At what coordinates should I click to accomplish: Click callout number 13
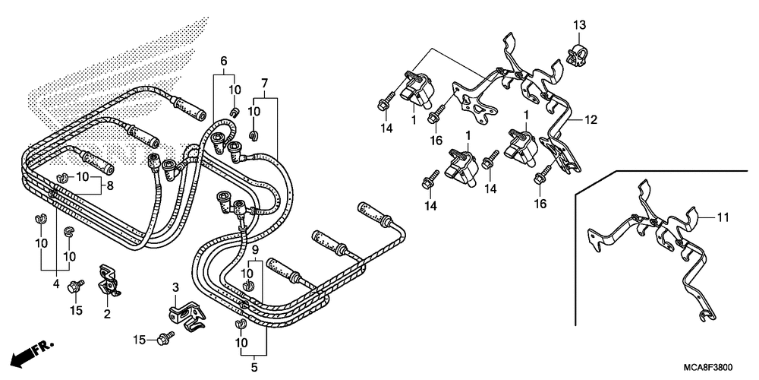tap(579, 27)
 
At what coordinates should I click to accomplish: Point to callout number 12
tap(592, 119)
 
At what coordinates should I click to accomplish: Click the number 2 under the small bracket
tap(107, 313)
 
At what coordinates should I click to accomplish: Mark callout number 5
tap(254, 368)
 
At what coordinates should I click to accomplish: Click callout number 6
tap(224, 61)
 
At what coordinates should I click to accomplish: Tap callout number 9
tap(255, 249)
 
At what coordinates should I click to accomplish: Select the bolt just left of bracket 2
tap(76, 287)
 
